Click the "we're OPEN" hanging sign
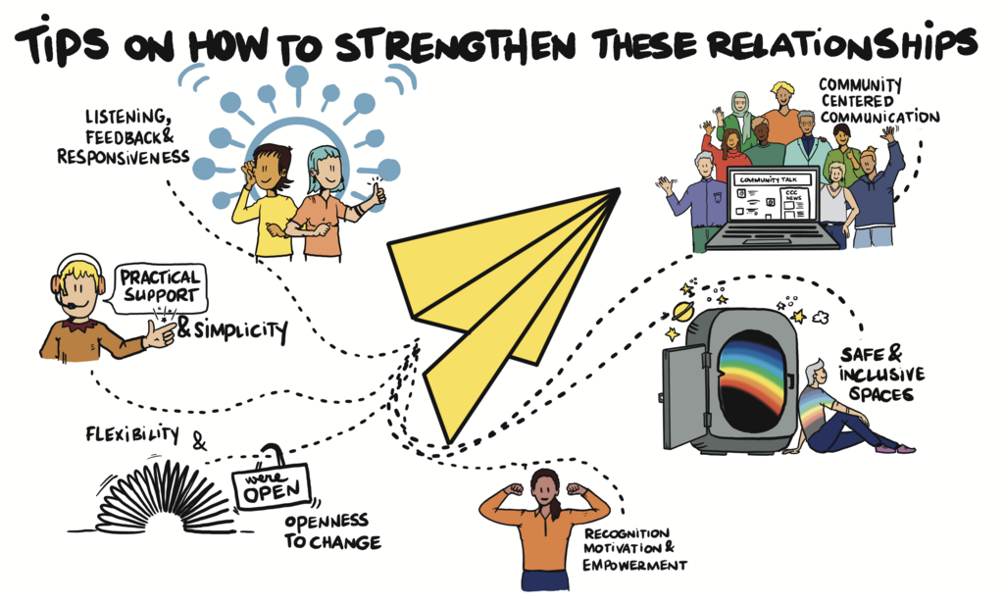[x=272, y=485]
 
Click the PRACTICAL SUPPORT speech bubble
[x=160, y=287]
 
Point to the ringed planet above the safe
[x=683, y=311]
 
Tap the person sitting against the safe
[x=845, y=410]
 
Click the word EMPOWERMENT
[x=634, y=565]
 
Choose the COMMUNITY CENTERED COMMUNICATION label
[x=878, y=101]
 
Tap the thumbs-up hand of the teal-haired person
[x=376, y=193]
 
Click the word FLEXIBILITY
[x=132, y=434]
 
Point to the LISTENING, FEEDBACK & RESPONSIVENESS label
[x=124, y=137]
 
